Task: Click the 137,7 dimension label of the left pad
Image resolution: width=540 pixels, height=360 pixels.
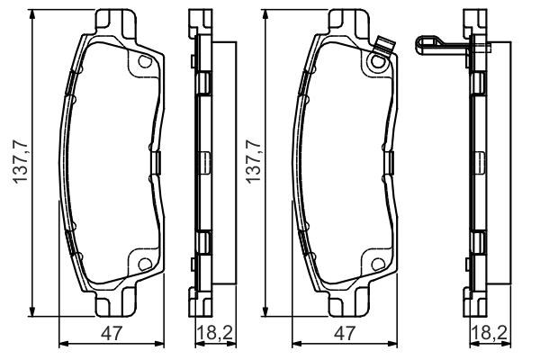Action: (21, 162)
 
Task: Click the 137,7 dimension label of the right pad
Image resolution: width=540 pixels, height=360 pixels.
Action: (254, 162)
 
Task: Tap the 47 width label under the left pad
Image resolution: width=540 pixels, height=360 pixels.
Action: (112, 334)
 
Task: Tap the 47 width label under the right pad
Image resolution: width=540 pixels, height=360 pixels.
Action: (345, 334)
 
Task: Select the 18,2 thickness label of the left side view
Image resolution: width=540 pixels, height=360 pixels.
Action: (215, 333)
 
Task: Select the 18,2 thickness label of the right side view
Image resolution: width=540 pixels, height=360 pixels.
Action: (490, 333)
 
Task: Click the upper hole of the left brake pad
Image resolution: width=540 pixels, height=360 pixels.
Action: (145, 61)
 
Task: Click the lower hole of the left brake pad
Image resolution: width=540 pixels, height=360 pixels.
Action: (145, 265)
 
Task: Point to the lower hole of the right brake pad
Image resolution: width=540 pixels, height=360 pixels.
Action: (378, 265)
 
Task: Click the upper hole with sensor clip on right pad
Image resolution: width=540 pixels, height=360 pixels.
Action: (377, 61)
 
